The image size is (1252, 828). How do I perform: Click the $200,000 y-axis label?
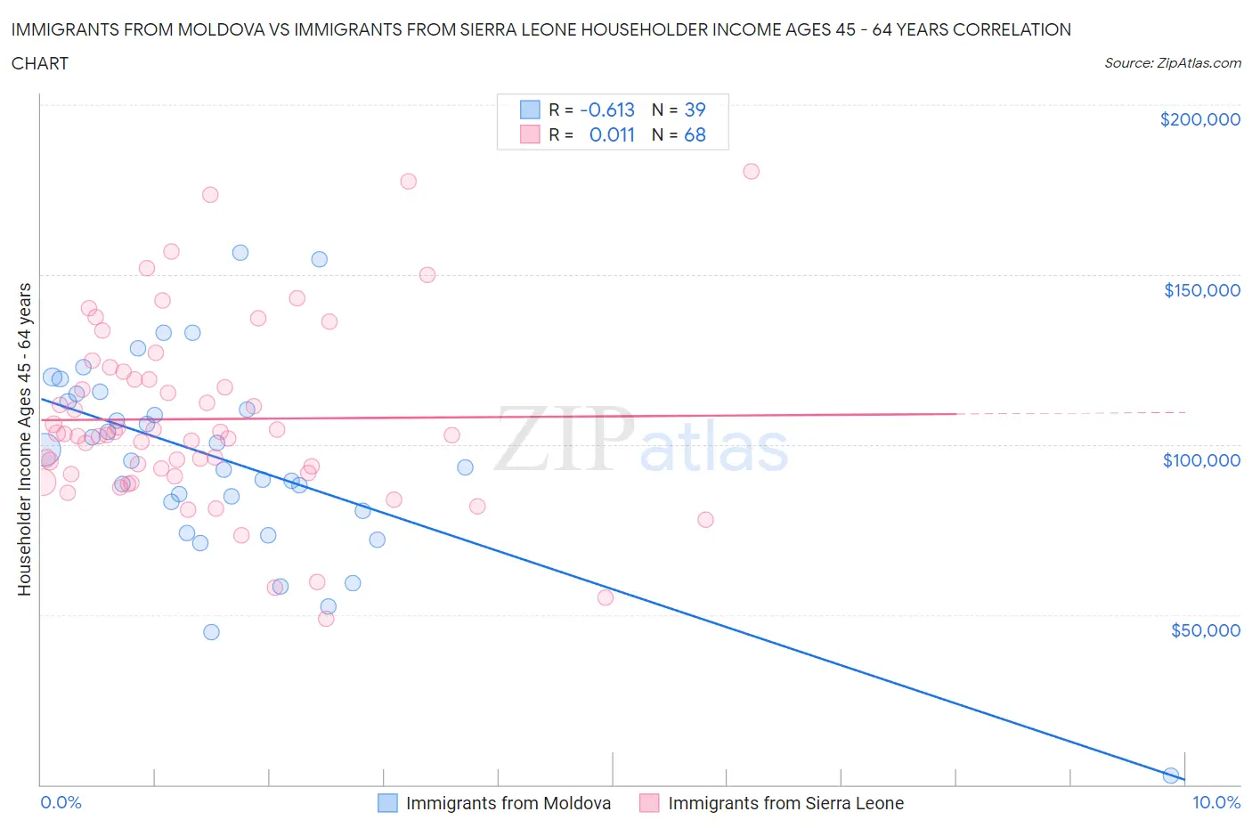coord(1199,119)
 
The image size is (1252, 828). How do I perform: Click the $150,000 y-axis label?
coord(1201,290)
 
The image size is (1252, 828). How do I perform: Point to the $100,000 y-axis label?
coord(1201,460)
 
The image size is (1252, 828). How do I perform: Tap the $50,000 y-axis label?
coord(1205,630)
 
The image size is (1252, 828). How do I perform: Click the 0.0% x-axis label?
coord(61,802)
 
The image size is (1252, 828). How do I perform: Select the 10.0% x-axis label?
coord(1215,802)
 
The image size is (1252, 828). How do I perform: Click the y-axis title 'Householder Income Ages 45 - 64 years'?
coord(25,439)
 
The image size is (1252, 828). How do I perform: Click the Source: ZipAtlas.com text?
coord(1172,63)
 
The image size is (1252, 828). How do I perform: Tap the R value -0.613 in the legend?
coord(606,110)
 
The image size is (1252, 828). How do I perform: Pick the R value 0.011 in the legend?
coord(612,134)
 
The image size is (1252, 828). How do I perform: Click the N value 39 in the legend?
coord(695,110)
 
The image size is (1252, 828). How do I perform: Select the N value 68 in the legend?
coord(695,134)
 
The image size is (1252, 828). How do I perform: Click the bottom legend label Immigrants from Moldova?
coord(508,803)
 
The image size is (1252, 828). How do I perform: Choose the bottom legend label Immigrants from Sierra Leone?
coord(785,803)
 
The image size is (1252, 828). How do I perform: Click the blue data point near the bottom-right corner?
coord(1171,775)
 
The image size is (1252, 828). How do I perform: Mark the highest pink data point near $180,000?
coord(751,171)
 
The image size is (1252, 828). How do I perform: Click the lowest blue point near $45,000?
coord(211,632)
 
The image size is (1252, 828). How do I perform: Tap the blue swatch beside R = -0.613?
coord(530,110)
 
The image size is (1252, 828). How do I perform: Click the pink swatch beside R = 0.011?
coord(530,134)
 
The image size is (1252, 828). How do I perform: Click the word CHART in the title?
coord(40,63)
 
